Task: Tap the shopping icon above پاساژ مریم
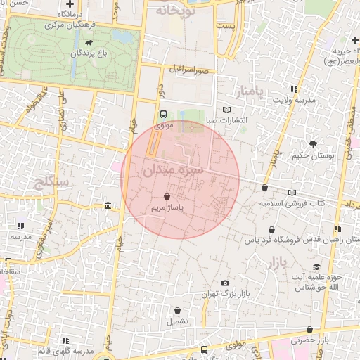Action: tap(167, 197)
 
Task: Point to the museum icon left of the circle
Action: tap(107, 205)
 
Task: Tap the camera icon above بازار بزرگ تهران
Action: tap(225, 283)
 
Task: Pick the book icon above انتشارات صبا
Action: tap(226, 110)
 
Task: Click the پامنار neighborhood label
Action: tap(252, 93)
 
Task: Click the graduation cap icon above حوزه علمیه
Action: tap(316, 266)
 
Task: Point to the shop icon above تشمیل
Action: tap(177, 309)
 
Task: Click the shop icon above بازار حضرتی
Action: tap(309, 329)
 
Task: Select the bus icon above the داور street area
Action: tap(164, 114)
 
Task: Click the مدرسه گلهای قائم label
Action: tap(67, 351)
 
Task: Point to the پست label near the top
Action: tap(225, 25)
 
